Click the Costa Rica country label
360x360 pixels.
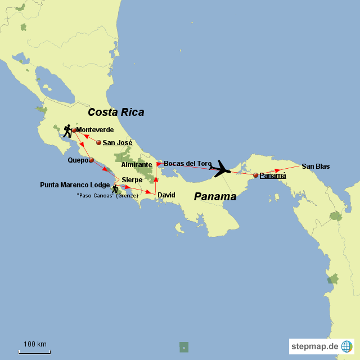coord(116,112)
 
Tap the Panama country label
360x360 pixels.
coord(215,196)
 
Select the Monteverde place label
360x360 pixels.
coord(95,130)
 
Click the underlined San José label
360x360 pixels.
coord(117,143)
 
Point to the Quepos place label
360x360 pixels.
coord(78,160)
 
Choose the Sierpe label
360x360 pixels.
coord(132,180)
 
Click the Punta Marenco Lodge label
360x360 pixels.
coord(74,184)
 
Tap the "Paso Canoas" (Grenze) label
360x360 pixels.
coord(107,196)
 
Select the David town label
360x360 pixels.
coord(166,195)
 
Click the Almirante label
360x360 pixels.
coord(137,165)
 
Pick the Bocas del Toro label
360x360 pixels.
coord(188,164)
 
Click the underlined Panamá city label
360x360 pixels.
coord(273,175)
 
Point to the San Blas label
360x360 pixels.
coord(316,166)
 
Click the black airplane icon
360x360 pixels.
coord(220,168)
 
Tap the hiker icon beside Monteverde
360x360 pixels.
coord(67,130)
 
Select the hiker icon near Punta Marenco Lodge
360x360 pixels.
coord(115,189)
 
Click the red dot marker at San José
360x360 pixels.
coord(99,143)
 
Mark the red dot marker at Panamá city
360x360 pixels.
coord(255,175)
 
